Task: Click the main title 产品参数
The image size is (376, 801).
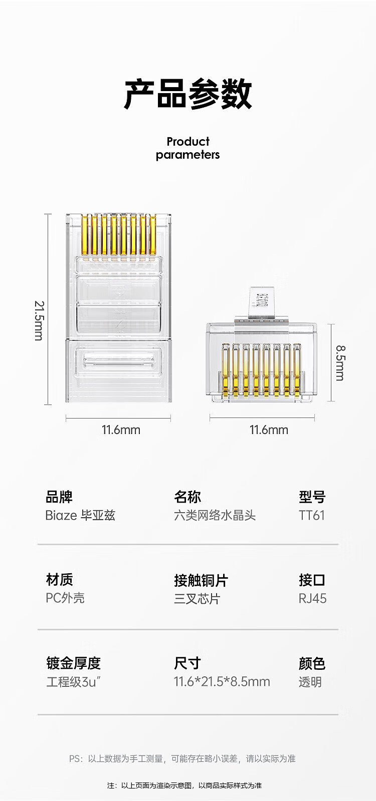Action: point(188,94)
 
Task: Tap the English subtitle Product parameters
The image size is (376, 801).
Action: point(187,148)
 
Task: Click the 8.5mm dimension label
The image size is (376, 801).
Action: point(340,362)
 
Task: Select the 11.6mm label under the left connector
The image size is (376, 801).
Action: point(121,430)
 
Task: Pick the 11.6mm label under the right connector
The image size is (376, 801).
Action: point(269,430)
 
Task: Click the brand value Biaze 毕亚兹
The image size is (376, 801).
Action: point(80,515)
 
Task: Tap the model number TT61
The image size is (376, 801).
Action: point(312,515)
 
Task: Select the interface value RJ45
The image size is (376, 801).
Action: point(312,598)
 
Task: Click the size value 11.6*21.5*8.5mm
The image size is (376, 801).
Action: point(222,681)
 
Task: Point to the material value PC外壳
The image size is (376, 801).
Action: point(65,598)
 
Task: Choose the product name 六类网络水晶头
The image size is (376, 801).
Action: point(215,515)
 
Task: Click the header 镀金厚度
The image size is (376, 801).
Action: point(73,663)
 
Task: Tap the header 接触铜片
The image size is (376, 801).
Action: point(201,580)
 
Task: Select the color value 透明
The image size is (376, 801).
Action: point(310,682)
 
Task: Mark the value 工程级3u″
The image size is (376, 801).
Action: point(74,682)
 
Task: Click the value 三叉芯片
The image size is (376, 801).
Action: point(197,598)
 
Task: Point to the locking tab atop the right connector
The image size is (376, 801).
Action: point(263,302)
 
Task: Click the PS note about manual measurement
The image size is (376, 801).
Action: point(182,758)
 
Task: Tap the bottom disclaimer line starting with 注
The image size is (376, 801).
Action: point(184,785)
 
